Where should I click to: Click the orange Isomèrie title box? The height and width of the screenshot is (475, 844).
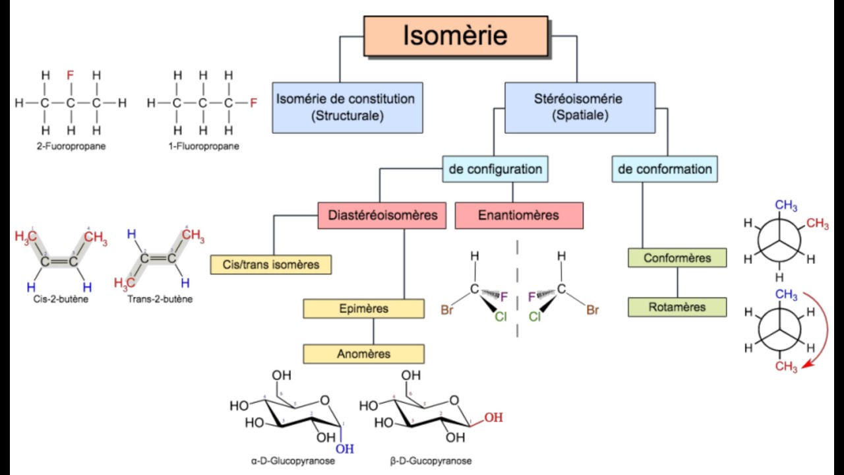(456, 36)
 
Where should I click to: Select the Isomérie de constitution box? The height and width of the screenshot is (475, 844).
(347, 108)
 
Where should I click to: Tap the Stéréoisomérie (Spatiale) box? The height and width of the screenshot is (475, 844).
(580, 108)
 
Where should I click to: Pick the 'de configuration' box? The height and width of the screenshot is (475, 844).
(495, 169)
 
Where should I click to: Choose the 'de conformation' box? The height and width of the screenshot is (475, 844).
(665, 169)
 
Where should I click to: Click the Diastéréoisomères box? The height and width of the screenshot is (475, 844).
(382, 215)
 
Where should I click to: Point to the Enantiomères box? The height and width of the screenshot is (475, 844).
(519, 215)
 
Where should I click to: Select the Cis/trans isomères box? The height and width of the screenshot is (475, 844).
(271, 265)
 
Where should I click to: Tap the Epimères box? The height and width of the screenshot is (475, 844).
(363, 309)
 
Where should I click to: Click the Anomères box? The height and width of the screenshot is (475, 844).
(363, 354)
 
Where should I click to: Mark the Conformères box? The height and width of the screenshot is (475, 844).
(677, 258)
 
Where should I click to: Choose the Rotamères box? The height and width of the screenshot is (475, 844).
(677, 307)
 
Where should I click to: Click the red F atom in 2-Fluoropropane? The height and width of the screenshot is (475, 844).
(70, 75)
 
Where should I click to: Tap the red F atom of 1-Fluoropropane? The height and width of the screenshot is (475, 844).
(254, 102)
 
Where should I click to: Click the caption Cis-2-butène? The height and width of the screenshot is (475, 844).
(61, 300)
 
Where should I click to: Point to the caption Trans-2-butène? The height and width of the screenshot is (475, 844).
(160, 300)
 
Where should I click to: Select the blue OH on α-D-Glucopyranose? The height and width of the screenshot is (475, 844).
(345, 449)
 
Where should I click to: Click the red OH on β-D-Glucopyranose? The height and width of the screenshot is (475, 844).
(494, 418)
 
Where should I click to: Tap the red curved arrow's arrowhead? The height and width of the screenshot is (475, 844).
(806, 365)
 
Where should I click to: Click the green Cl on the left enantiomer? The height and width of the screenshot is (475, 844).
(500, 317)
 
